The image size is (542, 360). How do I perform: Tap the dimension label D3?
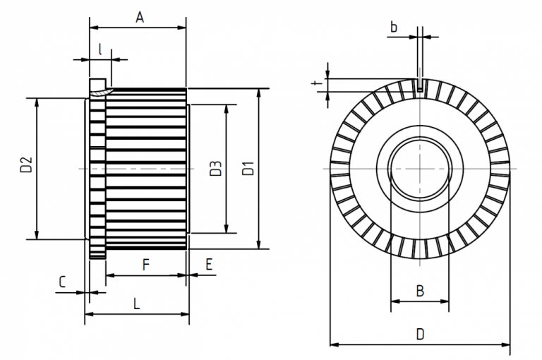216,169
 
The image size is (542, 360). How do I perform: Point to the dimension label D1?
248,169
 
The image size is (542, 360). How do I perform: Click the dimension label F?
145,265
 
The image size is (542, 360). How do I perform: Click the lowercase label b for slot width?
394,27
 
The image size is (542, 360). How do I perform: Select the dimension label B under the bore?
419,290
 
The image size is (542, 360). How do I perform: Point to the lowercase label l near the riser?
101,49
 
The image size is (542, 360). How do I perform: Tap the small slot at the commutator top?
420,85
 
